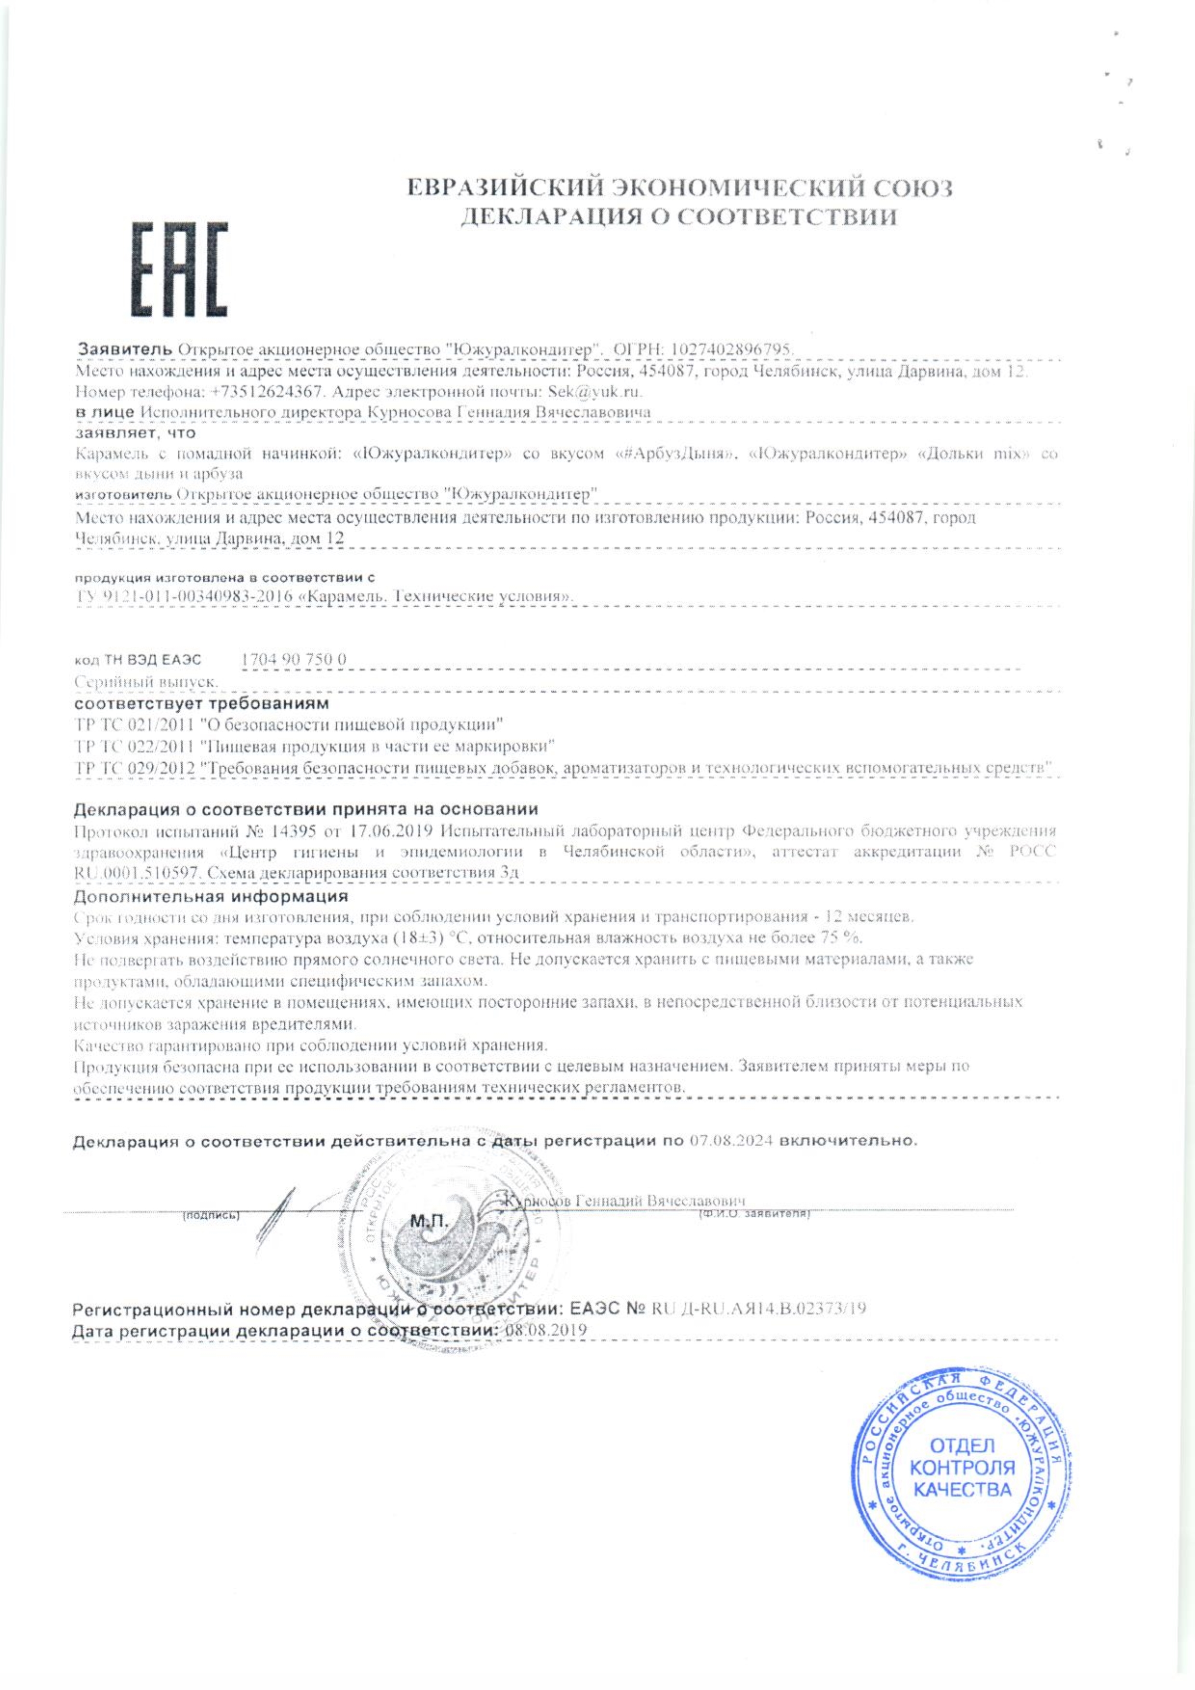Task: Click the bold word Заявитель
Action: (x=125, y=348)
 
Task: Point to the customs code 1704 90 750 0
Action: (x=293, y=660)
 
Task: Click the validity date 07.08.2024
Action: (x=732, y=1142)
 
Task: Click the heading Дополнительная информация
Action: (x=211, y=896)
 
